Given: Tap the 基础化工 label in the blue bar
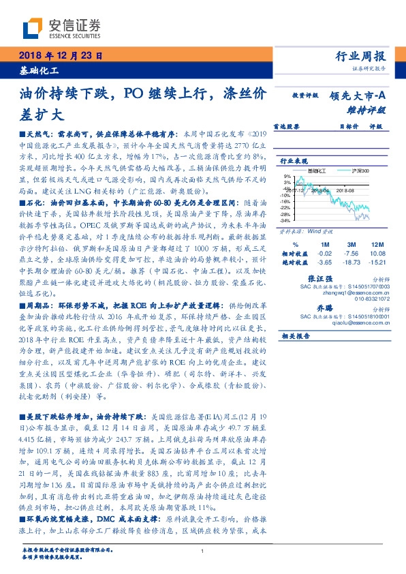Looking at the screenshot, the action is pos(37,71).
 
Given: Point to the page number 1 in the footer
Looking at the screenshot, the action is pos(203,551).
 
